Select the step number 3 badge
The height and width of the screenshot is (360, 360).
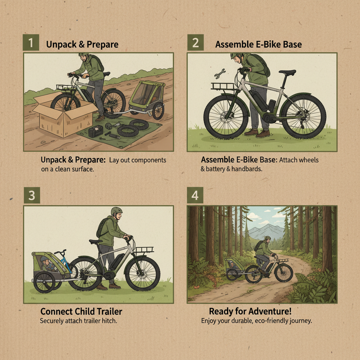coord(32,195)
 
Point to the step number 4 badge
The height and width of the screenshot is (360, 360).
coord(195,195)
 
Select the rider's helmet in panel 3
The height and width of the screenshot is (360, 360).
coord(116,211)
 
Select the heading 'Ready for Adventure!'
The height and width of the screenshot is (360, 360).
coord(250,311)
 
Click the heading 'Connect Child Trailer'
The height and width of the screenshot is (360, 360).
coord(81,311)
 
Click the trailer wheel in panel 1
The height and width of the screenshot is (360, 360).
coord(158,111)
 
